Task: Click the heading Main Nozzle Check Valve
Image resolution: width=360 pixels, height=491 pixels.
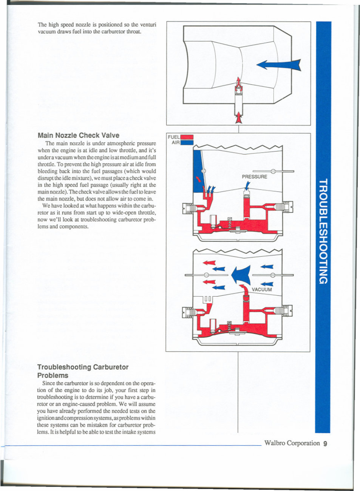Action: tap(78, 135)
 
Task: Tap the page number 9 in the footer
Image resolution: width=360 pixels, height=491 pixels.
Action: tap(325, 444)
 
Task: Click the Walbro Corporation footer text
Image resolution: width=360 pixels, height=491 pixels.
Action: tap(292, 443)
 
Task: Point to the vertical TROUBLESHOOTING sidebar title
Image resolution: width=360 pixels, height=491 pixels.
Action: tap(323, 231)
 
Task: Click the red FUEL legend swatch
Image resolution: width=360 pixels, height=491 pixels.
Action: tap(187, 137)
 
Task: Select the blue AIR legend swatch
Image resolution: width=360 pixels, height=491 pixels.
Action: tap(187, 143)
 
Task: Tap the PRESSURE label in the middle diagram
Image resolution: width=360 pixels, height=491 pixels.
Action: tap(254, 177)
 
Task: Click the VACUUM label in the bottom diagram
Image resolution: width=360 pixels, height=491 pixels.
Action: tap(261, 290)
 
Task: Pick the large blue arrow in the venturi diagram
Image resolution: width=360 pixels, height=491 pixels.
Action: tap(278, 65)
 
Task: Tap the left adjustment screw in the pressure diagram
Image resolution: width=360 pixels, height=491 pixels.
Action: tap(189, 207)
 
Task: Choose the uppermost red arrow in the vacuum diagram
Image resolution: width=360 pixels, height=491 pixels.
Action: tap(209, 262)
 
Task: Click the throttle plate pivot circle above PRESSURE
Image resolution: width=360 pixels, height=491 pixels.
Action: tap(273, 171)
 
